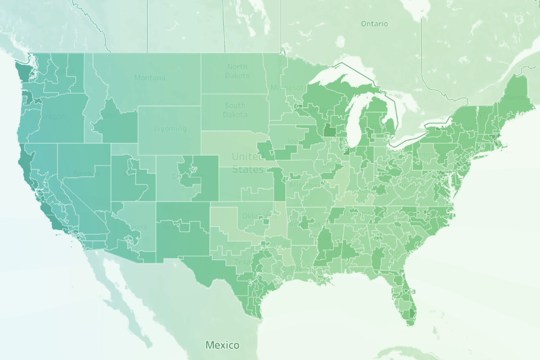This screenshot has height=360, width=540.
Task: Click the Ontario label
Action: tap(374, 24)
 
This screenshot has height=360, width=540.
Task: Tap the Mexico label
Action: tap(222, 345)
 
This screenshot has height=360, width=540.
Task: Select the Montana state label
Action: tap(150, 78)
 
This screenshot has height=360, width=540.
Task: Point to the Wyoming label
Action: tap(169, 129)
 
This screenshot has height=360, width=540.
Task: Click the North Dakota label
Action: tap(237, 71)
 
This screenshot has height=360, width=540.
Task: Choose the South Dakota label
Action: tap(235, 110)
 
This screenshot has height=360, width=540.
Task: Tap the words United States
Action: tap(247, 163)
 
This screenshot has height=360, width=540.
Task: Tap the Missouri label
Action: tap(299, 185)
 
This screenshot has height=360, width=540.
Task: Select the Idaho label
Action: tap(109, 115)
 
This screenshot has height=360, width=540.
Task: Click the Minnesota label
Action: tap(287, 88)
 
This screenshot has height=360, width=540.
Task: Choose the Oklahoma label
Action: tap(254, 215)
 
